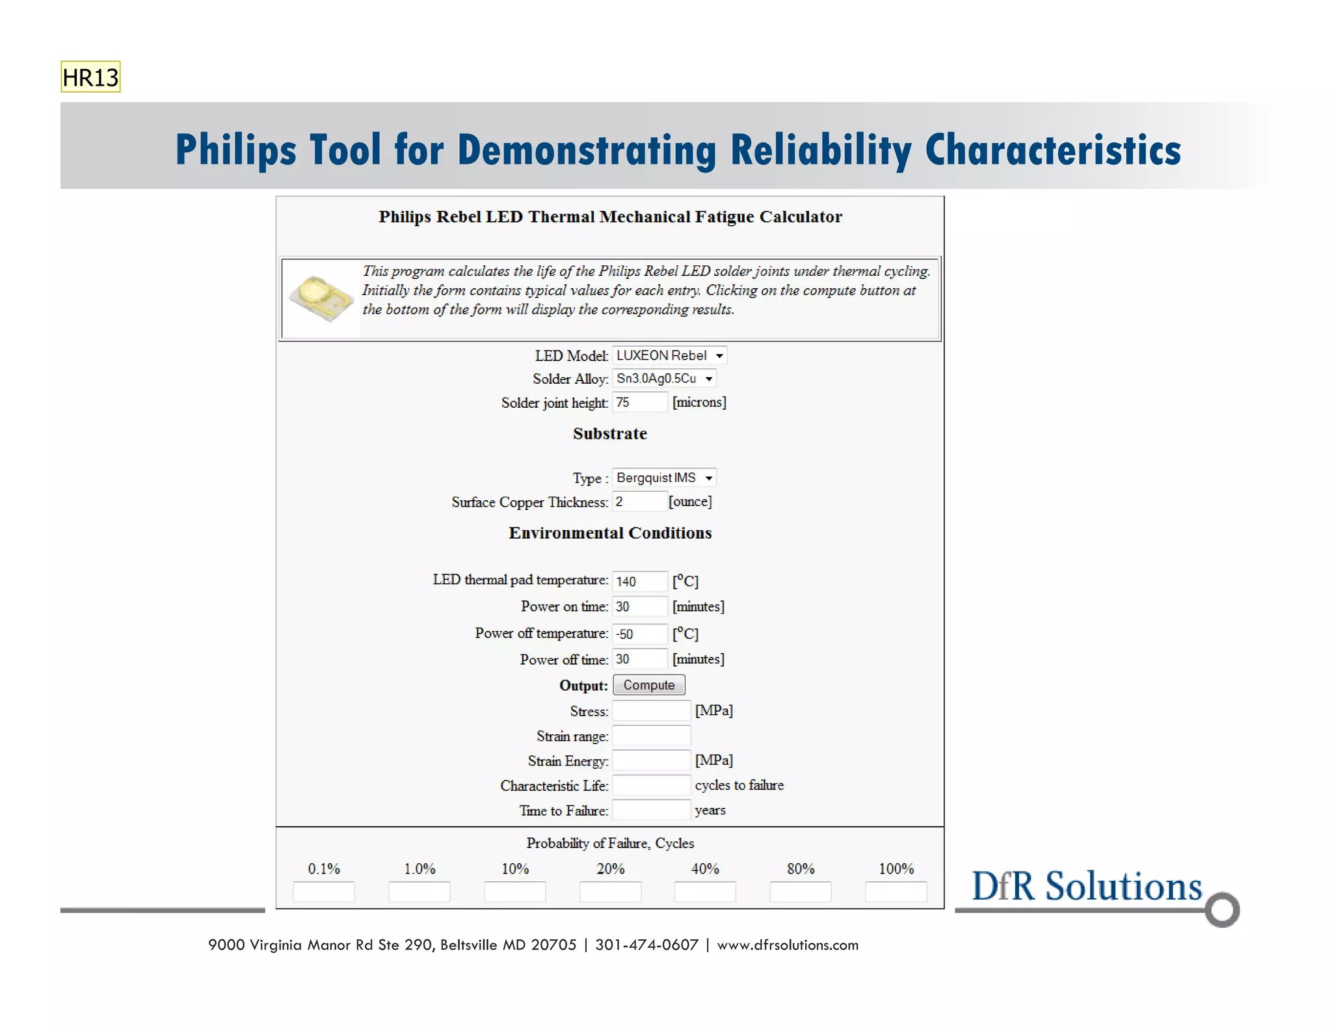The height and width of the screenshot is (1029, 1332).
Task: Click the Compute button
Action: point(648,685)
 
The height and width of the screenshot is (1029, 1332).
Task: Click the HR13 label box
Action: point(90,77)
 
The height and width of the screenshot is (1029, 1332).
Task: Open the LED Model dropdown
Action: point(669,356)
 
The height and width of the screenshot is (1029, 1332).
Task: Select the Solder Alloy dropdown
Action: point(664,379)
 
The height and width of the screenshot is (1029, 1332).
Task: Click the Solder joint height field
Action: point(639,403)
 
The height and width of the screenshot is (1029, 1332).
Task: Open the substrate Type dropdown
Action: point(664,478)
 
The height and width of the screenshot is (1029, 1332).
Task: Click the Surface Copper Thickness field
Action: point(639,501)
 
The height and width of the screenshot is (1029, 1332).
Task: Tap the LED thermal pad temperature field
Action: point(639,581)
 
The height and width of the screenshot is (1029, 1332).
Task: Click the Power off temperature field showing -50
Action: point(639,634)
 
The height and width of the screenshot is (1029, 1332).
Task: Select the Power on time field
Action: point(639,606)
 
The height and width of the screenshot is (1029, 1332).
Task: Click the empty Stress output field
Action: point(651,711)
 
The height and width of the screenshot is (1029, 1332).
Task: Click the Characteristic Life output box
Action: point(651,785)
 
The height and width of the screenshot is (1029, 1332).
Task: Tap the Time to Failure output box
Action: point(651,810)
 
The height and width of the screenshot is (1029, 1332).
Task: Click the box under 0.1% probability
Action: point(324,892)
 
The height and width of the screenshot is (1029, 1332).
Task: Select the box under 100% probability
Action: point(896,892)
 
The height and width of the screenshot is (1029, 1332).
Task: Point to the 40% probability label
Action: point(705,869)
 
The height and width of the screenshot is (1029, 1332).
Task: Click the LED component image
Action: point(321,297)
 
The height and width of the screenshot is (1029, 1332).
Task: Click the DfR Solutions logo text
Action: point(1086,887)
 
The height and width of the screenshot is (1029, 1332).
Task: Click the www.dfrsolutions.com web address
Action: point(788,945)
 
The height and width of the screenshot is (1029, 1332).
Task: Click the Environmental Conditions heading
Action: point(610,533)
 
